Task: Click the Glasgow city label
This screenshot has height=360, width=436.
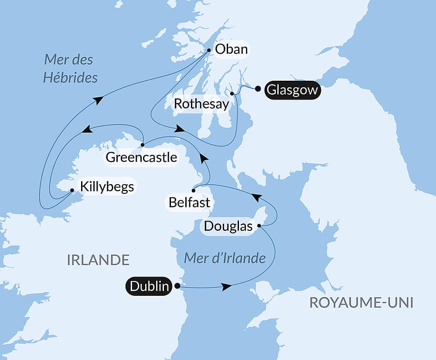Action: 292,90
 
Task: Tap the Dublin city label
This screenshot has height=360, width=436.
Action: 149,287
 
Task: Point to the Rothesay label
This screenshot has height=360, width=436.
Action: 201,104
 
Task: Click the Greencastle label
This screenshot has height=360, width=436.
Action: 141,157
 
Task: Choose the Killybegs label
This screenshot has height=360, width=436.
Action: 106,187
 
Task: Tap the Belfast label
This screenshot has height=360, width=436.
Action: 190,203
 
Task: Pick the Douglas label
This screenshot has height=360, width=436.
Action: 228,226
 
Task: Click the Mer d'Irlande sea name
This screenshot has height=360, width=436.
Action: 225,258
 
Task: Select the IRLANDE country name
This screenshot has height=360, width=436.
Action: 98,260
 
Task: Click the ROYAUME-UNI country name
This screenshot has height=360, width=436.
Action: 361,302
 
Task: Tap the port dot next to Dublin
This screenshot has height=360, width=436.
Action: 177,286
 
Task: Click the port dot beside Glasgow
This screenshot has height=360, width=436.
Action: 258,89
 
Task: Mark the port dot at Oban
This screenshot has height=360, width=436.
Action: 209,50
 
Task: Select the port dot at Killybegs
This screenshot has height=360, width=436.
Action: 72,190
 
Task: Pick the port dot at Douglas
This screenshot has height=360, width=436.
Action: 259,226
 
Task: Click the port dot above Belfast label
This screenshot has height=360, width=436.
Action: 193,190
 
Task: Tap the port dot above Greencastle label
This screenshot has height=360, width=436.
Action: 143,144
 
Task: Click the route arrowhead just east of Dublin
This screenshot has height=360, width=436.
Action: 226,287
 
